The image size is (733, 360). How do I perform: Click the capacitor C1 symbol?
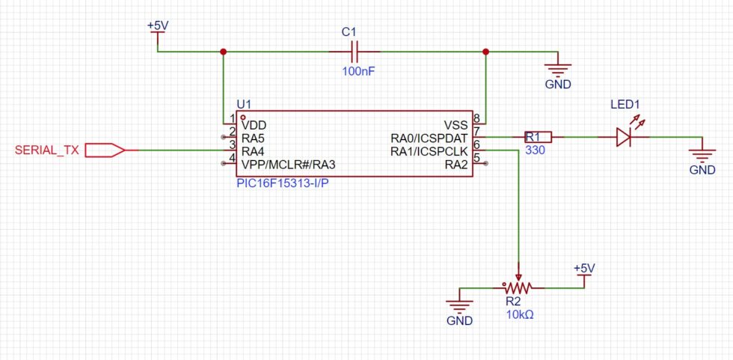pos(355,52)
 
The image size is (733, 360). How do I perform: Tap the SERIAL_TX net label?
pos(46,150)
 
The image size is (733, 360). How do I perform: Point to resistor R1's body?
pos(536,137)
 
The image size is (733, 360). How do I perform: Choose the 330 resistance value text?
pos(536,150)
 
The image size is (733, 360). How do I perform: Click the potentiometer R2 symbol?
pos(517,287)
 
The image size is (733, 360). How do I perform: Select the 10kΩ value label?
pos(520,314)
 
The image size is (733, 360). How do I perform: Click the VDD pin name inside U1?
pos(254,125)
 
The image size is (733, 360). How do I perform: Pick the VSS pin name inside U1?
pos(456,125)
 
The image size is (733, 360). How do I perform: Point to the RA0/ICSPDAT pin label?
pos(429,138)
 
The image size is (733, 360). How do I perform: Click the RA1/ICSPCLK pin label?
pos(429,150)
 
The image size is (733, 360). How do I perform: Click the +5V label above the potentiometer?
pos(584,268)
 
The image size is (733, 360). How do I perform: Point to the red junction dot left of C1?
pos(223,52)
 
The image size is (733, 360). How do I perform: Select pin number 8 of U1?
pos(476,118)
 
